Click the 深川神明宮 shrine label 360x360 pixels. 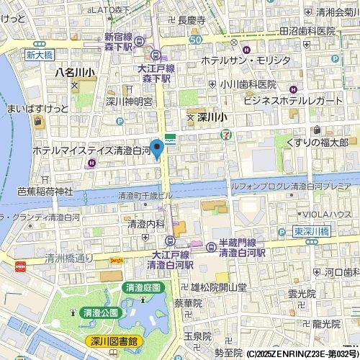[x=129, y=102]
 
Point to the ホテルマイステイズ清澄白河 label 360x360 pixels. [x=91, y=151]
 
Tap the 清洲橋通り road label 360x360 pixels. [x=69, y=258]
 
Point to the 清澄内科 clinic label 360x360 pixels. [x=147, y=225]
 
